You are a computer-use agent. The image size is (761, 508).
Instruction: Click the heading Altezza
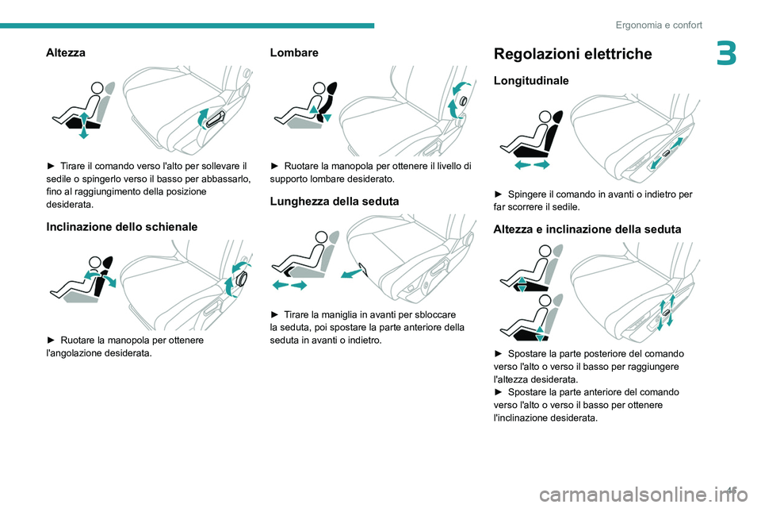[x=67, y=52]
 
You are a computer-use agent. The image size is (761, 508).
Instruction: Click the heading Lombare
[x=294, y=52]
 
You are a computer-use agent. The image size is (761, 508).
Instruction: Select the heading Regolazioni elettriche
[x=572, y=54]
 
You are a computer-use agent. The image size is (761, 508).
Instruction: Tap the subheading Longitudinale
[x=530, y=81]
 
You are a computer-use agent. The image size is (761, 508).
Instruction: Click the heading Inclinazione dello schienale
[x=122, y=227]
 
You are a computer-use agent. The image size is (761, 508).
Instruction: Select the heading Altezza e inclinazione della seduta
[x=587, y=229]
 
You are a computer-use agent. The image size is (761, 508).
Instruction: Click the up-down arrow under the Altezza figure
[x=83, y=124]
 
